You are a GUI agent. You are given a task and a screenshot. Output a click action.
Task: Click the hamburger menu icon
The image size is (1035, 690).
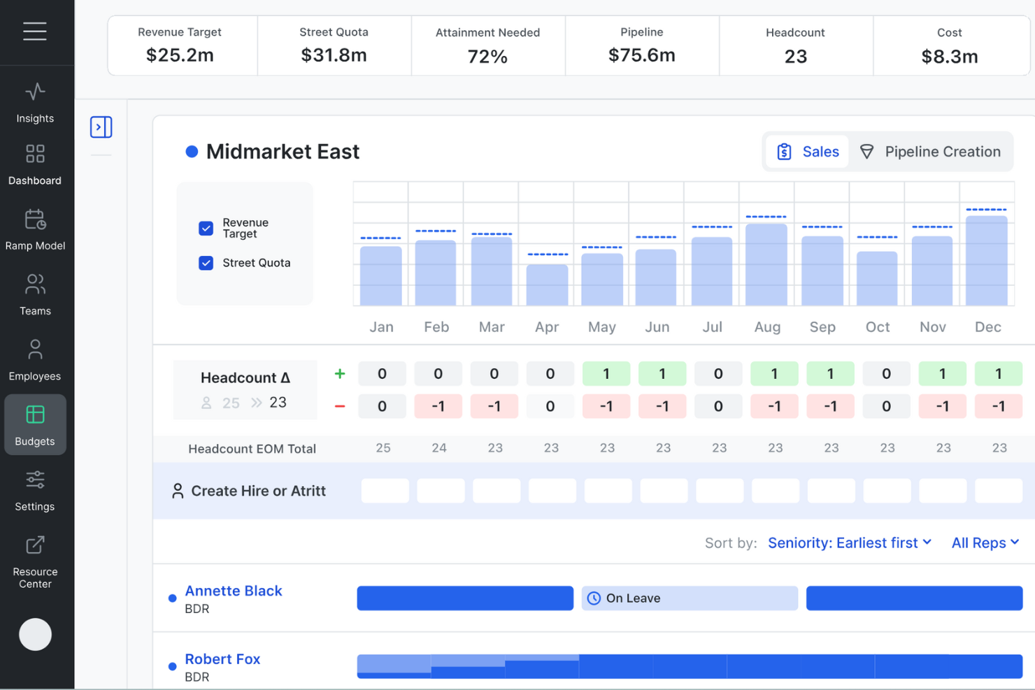pos(35,31)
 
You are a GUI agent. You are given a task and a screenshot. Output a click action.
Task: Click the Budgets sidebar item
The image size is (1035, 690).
pos(35,425)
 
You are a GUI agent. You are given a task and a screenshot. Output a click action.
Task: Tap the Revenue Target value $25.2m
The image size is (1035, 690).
pos(180,55)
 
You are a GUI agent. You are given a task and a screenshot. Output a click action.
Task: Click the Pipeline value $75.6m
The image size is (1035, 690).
pos(641,55)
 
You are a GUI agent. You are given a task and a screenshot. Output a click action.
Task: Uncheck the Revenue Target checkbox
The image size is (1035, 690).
pos(206,229)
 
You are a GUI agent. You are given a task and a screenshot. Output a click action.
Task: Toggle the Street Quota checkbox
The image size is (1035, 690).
pos(206,263)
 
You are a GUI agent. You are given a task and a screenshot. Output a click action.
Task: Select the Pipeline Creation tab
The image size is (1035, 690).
pos(931,152)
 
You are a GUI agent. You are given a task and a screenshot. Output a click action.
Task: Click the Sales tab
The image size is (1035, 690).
pos(808,152)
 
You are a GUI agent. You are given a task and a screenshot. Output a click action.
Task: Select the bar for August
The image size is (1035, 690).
pos(766,264)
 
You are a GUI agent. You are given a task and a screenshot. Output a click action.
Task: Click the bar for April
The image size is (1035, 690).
pos(547,285)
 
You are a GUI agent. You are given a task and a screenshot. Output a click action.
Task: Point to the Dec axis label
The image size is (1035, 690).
pos(987,327)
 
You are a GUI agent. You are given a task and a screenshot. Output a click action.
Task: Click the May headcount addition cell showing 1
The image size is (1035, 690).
pos(606,374)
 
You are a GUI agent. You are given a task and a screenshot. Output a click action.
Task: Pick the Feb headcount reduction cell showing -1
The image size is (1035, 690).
pos(438,406)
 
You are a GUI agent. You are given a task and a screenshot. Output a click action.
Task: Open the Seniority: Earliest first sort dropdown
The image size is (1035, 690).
pos(849,543)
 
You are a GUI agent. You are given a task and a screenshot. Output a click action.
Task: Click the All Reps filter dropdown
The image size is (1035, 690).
pos(985,543)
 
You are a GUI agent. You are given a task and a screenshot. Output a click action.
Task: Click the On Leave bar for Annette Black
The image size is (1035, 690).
pos(690,598)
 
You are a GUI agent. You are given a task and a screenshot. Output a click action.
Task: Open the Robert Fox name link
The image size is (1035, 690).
pos(222,659)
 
